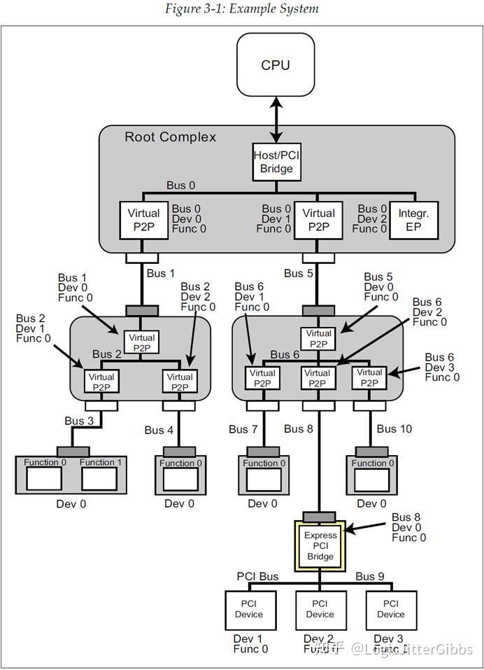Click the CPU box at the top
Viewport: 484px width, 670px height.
(275, 65)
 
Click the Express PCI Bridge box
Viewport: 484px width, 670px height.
(320, 545)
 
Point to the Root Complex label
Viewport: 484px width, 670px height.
(170, 137)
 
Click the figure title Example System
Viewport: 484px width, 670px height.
(241, 9)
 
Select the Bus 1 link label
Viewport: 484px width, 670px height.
(160, 273)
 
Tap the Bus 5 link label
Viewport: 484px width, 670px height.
(298, 273)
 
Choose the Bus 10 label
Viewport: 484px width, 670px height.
(395, 428)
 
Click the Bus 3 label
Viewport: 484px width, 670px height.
(78, 421)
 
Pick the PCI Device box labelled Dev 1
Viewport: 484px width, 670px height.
(249, 610)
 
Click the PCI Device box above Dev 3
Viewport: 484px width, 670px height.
(391, 610)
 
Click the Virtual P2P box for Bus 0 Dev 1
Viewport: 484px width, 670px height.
(319, 218)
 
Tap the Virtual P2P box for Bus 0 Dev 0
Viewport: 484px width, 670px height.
(143, 218)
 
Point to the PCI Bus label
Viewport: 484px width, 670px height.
(257, 576)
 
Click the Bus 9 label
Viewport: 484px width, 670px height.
(369, 576)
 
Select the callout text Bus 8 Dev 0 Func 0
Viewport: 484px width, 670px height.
(408, 527)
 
